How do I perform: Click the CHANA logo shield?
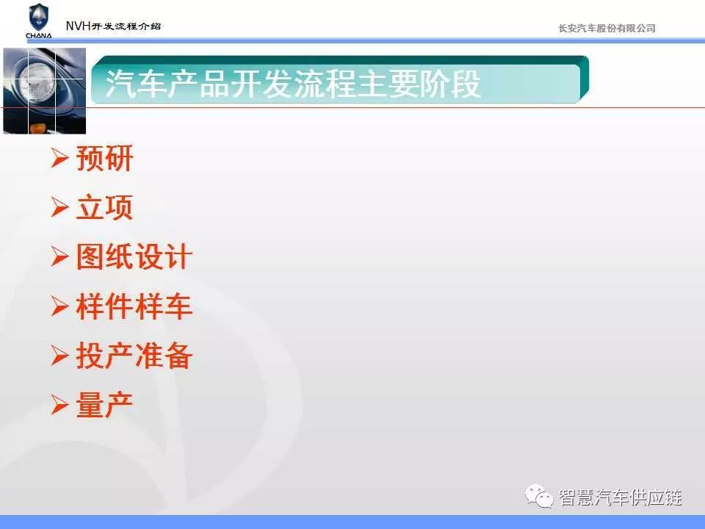pyautogui.click(x=39, y=17)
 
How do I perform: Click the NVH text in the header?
pyautogui.click(x=79, y=26)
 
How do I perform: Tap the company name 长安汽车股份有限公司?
pyautogui.click(x=607, y=29)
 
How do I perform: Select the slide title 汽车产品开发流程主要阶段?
pyautogui.click(x=293, y=84)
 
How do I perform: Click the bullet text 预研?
pyautogui.click(x=104, y=159)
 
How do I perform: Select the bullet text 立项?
pyautogui.click(x=104, y=207)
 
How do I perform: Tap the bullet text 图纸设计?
pyautogui.click(x=134, y=256)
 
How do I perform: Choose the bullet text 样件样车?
pyautogui.click(x=134, y=306)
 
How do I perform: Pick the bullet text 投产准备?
pyautogui.click(x=134, y=356)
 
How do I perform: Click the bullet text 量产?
pyautogui.click(x=104, y=404)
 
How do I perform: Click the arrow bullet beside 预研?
pyautogui.click(x=59, y=158)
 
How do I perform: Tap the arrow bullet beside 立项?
pyautogui.click(x=59, y=207)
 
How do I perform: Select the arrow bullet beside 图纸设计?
pyautogui.click(x=59, y=256)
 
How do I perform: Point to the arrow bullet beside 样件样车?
pyautogui.click(x=59, y=306)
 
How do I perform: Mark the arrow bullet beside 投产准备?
pyautogui.click(x=59, y=355)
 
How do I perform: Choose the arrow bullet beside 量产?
pyautogui.click(x=59, y=404)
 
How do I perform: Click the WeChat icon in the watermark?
pyautogui.click(x=539, y=496)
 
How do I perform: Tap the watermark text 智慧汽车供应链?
pyautogui.click(x=621, y=497)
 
